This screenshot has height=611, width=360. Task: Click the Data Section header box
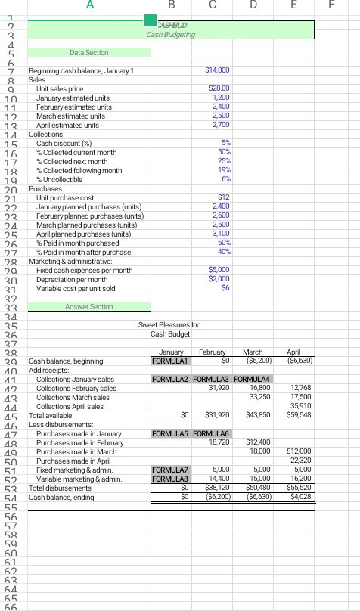pos(89,52)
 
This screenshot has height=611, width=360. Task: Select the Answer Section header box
pos(89,306)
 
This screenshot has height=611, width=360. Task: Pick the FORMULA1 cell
pos(169,361)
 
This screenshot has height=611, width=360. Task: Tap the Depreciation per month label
pos(73,279)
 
